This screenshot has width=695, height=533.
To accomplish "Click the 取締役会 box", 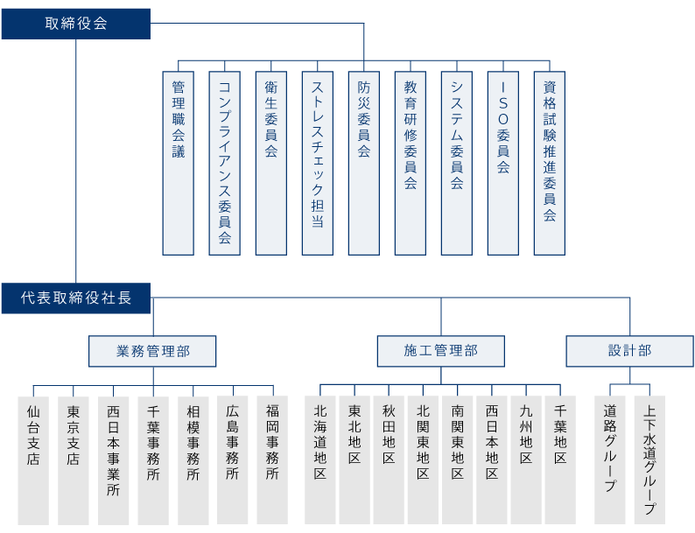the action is click(x=76, y=24).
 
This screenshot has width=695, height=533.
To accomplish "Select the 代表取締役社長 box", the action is click(x=76, y=298).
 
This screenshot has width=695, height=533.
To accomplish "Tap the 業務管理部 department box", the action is click(x=152, y=351).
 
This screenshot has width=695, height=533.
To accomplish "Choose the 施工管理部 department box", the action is click(x=441, y=351).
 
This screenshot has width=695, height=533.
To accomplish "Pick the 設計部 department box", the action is click(x=630, y=351).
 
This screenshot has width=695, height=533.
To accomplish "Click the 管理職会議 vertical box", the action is click(x=179, y=164).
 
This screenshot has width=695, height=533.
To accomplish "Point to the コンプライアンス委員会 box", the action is click(x=225, y=164).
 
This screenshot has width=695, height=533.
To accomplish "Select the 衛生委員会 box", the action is click(x=271, y=164).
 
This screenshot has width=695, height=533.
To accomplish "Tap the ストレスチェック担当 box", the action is click(x=318, y=164).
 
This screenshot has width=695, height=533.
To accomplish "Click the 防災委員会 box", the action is click(x=364, y=164).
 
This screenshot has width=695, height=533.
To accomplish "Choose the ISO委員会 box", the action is click(x=503, y=164).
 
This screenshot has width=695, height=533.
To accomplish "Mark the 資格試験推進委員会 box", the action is click(x=550, y=164).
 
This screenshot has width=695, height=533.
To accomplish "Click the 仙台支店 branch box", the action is click(x=33, y=460).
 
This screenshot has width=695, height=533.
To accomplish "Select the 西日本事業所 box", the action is click(x=114, y=460).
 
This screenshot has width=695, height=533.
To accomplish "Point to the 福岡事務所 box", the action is click(x=272, y=460).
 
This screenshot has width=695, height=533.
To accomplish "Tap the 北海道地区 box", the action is click(x=320, y=460).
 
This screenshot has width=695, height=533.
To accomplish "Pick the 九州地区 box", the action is click(x=526, y=460).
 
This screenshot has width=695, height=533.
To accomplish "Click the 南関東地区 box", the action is click(x=458, y=460).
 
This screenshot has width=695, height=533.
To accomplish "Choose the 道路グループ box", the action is click(x=610, y=460).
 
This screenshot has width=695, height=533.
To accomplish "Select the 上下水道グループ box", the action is click(x=649, y=460).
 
